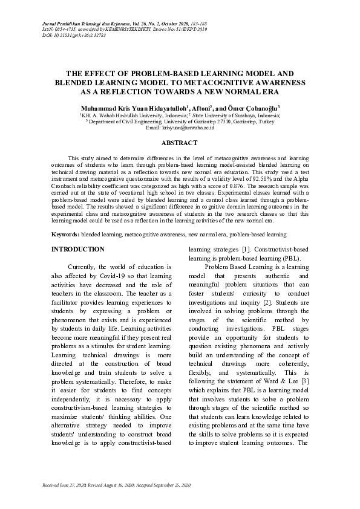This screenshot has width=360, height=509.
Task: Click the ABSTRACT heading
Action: click(x=180, y=143)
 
